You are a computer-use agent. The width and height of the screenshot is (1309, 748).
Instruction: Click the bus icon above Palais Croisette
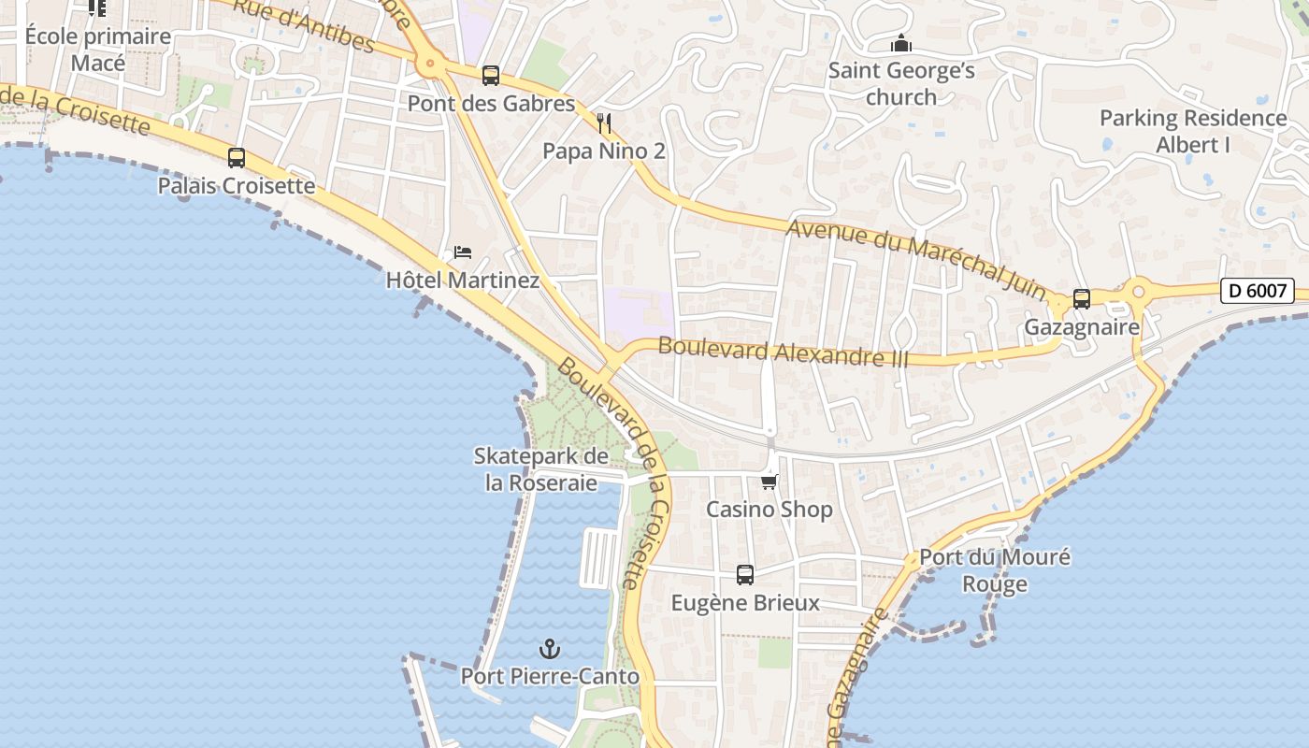(x=237, y=158)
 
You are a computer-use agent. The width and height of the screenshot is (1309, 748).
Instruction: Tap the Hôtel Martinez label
(x=463, y=280)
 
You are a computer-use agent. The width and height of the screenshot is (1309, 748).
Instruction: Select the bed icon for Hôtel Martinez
(x=463, y=252)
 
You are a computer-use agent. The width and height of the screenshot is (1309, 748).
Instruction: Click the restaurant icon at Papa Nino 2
(x=604, y=122)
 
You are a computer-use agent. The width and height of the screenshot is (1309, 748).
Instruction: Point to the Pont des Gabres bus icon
(x=491, y=76)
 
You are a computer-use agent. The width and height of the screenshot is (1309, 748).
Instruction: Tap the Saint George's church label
(x=901, y=83)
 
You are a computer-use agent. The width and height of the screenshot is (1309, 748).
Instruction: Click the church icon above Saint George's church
(x=901, y=44)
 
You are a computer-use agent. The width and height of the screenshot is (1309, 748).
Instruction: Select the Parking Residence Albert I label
(x=1193, y=131)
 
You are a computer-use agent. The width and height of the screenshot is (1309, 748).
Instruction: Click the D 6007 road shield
(x=1258, y=291)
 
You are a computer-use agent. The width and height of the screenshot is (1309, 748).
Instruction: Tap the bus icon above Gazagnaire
(x=1082, y=299)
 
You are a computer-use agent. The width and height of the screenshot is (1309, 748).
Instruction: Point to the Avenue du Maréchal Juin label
(x=916, y=259)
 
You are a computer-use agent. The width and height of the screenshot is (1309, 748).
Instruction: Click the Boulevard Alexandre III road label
(x=783, y=352)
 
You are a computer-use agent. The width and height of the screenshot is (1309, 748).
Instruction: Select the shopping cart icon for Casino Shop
(x=769, y=482)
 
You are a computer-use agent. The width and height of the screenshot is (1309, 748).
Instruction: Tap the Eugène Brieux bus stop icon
(x=745, y=575)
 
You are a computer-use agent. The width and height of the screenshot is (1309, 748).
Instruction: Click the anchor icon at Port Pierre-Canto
(x=550, y=648)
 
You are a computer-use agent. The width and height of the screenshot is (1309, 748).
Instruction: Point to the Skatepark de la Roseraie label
(x=541, y=469)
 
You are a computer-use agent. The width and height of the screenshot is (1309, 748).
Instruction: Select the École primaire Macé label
(x=98, y=50)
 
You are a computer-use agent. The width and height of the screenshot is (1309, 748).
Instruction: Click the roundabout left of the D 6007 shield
(x=1138, y=292)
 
